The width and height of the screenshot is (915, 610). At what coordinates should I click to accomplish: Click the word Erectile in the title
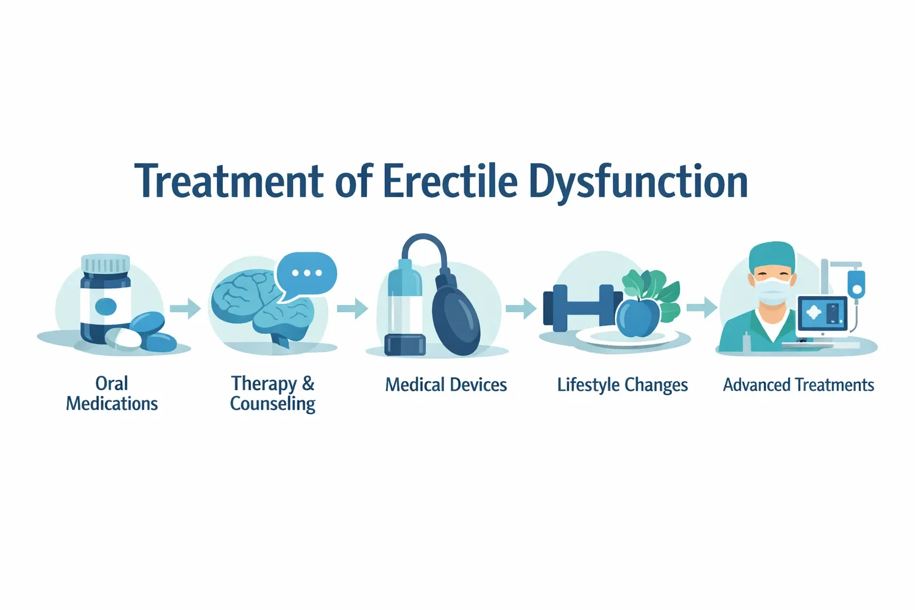coord(450,181)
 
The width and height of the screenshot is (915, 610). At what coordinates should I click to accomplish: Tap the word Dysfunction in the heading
coord(638,182)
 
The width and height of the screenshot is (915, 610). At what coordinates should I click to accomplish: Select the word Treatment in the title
coord(230,181)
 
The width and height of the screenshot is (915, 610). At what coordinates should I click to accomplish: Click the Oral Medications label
coord(112,393)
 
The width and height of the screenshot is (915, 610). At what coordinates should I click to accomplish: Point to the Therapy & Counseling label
coord(273,393)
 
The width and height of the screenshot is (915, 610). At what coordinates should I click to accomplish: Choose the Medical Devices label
coord(446,385)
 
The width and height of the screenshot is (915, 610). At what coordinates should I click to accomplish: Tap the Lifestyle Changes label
coord(623,385)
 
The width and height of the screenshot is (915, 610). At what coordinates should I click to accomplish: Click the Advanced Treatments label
coord(798,385)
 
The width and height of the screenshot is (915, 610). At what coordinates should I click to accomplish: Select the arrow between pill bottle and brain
coord(185,309)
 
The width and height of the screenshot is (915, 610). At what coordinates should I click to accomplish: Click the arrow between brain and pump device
coord(353,309)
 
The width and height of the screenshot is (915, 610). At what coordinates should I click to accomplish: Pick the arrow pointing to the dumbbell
coord(521,308)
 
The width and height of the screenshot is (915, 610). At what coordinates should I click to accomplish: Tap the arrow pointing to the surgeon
coord(702,307)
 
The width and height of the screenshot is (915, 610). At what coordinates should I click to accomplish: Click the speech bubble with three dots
coord(307,273)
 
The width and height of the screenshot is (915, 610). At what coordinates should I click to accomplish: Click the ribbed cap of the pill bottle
coord(105,263)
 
